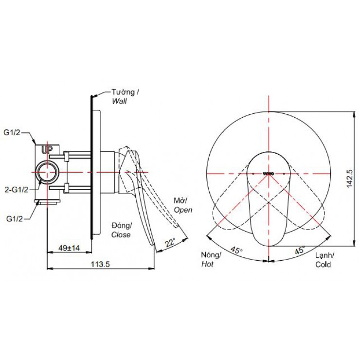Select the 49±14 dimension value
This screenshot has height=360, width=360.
pyautogui.click(x=69, y=248)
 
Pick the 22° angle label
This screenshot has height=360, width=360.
pyautogui.click(x=170, y=243)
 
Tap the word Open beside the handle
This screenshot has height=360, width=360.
pyautogui.click(x=183, y=210)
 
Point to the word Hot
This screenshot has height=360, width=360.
pyautogui.click(x=207, y=265)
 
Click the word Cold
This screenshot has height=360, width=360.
pyautogui.click(x=323, y=265)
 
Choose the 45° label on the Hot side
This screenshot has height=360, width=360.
pyautogui.click(x=236, y=251)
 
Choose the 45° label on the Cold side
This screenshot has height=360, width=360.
pyautogui.click(x=299, y=251)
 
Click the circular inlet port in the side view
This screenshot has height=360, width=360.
pyautogui.click(x=48, y=173)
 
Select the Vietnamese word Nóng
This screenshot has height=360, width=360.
pyautogui.click(x=211, y=256)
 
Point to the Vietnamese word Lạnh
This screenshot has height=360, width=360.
pyautogui.click(x=324, y=256)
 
